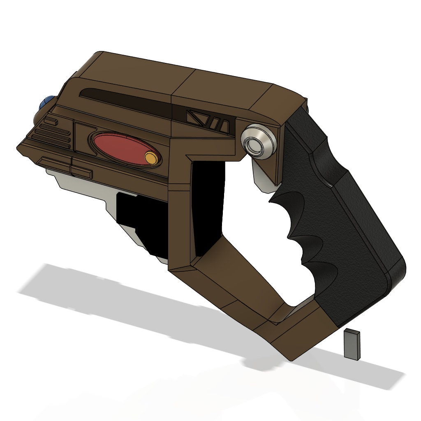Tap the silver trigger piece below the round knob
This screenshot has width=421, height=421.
pos(263,177)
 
